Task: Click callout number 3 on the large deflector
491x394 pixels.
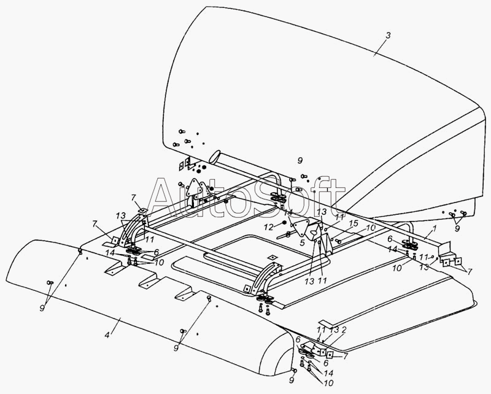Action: [388, 36]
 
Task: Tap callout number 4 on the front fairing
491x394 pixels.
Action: [107, 335]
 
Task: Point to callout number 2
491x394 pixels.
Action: [344, 329]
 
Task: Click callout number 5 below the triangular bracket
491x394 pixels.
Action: [302, 243]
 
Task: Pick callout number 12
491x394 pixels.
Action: [269, 227]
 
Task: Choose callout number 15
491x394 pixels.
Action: [354, 224]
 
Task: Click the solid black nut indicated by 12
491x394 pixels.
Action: [284, 222]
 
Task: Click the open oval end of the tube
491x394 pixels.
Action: [215, 156]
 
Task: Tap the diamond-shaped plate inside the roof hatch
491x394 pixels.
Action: [273, 257]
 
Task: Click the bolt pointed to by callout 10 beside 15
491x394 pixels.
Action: [339, 241]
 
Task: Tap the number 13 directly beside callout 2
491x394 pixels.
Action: [334, 330]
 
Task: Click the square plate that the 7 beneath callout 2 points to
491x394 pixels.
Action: [330, 355]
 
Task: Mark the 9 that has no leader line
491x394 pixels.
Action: [300, 161]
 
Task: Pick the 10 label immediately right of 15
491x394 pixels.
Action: [370, 228]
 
